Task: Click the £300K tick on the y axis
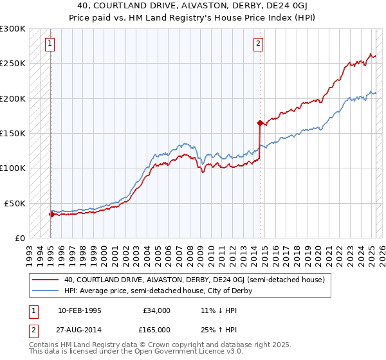(13, 29)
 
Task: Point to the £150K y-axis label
(13, 133)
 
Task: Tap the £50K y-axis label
(15, 203)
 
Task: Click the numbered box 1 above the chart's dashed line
(50, 44)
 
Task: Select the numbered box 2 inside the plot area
(258, 44)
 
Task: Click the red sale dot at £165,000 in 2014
(259, 123)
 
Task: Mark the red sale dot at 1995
(51, 214)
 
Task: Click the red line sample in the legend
(45, 280)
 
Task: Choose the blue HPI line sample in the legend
(45, 291)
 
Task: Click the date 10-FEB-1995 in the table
(80, 310)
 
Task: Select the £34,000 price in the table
(157, 310)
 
